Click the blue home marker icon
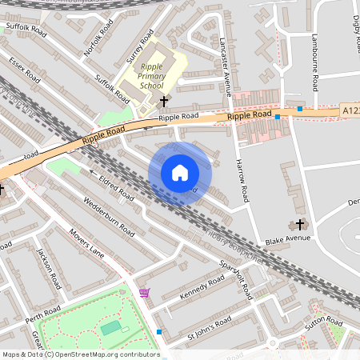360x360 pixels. (180, 173)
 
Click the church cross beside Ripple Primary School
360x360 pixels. (164, 102)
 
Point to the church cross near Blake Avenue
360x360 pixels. (301, 224)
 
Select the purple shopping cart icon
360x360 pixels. (144, 294)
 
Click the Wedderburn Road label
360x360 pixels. (108, 214)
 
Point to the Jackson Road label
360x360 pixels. (49, 268)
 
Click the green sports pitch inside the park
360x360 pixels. (110, 327)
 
